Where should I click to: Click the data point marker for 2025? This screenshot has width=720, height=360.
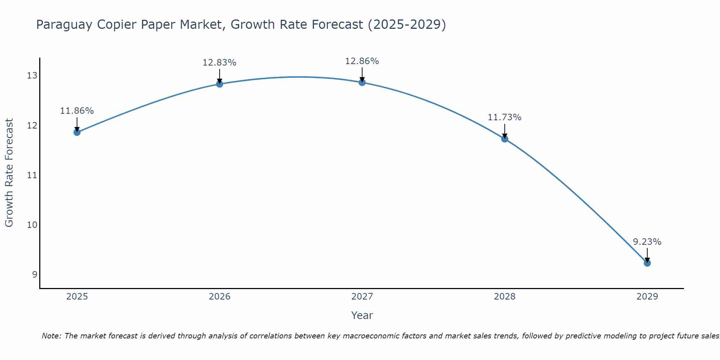pyautogui.click(x=77, y=132)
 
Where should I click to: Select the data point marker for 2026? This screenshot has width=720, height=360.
pyautogui.click(x=220, y=84)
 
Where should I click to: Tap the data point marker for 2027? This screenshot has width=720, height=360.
pyautogui.click(x=362, y=82)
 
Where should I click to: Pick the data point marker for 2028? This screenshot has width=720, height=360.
pyautogui.click(x=505, y=139)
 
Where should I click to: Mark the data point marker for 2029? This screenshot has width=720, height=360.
pyautogui.click(x=647, y=263)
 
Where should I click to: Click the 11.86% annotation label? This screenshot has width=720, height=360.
pyautogui.click(x=77, y=111)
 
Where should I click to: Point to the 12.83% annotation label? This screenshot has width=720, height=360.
pyautogui.click(x=220, y=63)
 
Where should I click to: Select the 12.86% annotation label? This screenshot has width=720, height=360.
pyautogui.click(x=362, y=61)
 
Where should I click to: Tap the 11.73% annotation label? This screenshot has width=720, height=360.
pyautogui.click(x=505, y=117)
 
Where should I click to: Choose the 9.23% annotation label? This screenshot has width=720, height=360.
pyautogui.click(x=647, y=242)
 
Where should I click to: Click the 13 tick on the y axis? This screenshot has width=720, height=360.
pyautogui.click(x=32, y=76)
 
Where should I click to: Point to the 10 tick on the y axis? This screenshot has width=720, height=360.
pyautogui.click(x=32, y=225)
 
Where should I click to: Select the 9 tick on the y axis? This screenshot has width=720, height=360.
pyautogui.click(x=35, y=275)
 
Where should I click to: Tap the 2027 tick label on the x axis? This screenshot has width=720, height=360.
pyautogui.click(x=362, y=297)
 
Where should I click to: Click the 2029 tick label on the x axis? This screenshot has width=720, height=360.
pyautogui.click(x=647, y=297)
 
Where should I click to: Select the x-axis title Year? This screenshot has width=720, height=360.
pyautogui.click(x=362, y=315)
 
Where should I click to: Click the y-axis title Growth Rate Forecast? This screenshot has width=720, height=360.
pyautogui.click(x=9, y=173)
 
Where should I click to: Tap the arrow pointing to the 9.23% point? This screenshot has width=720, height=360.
pyautogui.click(x=647, y=255)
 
